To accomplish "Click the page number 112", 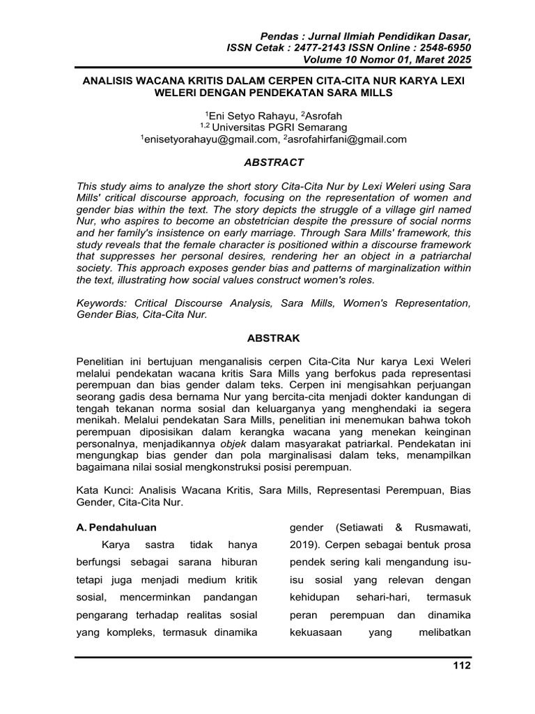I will tap(461, 666).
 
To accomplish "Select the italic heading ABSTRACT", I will tap(274, 162).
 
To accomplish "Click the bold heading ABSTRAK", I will tap(274, 338).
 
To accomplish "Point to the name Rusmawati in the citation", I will tap(440, 526).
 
